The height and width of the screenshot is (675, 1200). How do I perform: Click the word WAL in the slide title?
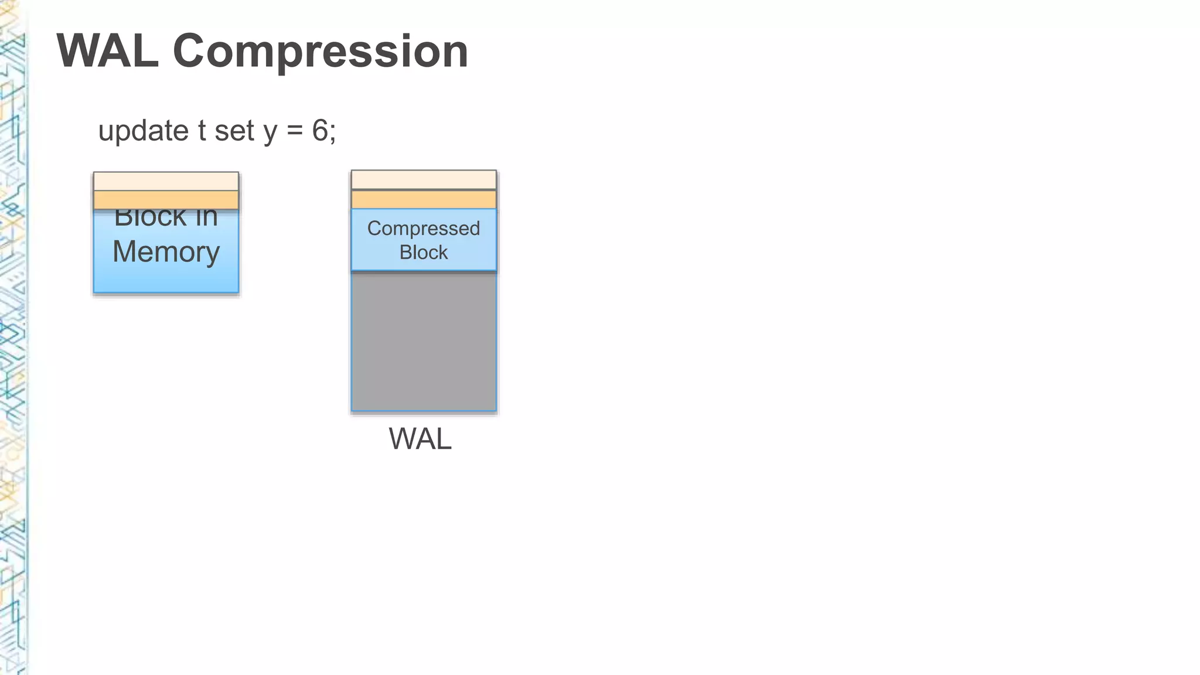[x=107, y=52]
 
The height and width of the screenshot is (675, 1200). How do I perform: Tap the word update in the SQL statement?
[x=143, y=130]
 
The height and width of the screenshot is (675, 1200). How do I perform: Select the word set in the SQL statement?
[x=234, y=131]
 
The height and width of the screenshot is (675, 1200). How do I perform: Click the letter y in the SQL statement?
[x=270, y=132]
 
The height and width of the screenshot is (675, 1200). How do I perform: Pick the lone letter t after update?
[x=202, y=130]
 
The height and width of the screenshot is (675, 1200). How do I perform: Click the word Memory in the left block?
[x=166, y=252]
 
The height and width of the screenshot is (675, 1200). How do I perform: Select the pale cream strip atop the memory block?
[x=166, y=181]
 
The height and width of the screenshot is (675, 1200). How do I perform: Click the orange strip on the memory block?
[x=166, y=200]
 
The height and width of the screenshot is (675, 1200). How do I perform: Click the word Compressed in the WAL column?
[x=423, y=229]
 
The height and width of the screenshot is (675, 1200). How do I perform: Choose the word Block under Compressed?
[x=423, y=253]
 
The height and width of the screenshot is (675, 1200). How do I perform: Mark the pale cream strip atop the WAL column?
[x=423, y=180]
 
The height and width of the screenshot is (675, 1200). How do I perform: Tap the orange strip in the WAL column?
[x=423, y=199]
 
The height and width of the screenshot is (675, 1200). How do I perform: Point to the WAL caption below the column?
[x=420, y=438]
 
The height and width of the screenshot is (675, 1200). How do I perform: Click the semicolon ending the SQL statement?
[x=333, y=132]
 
